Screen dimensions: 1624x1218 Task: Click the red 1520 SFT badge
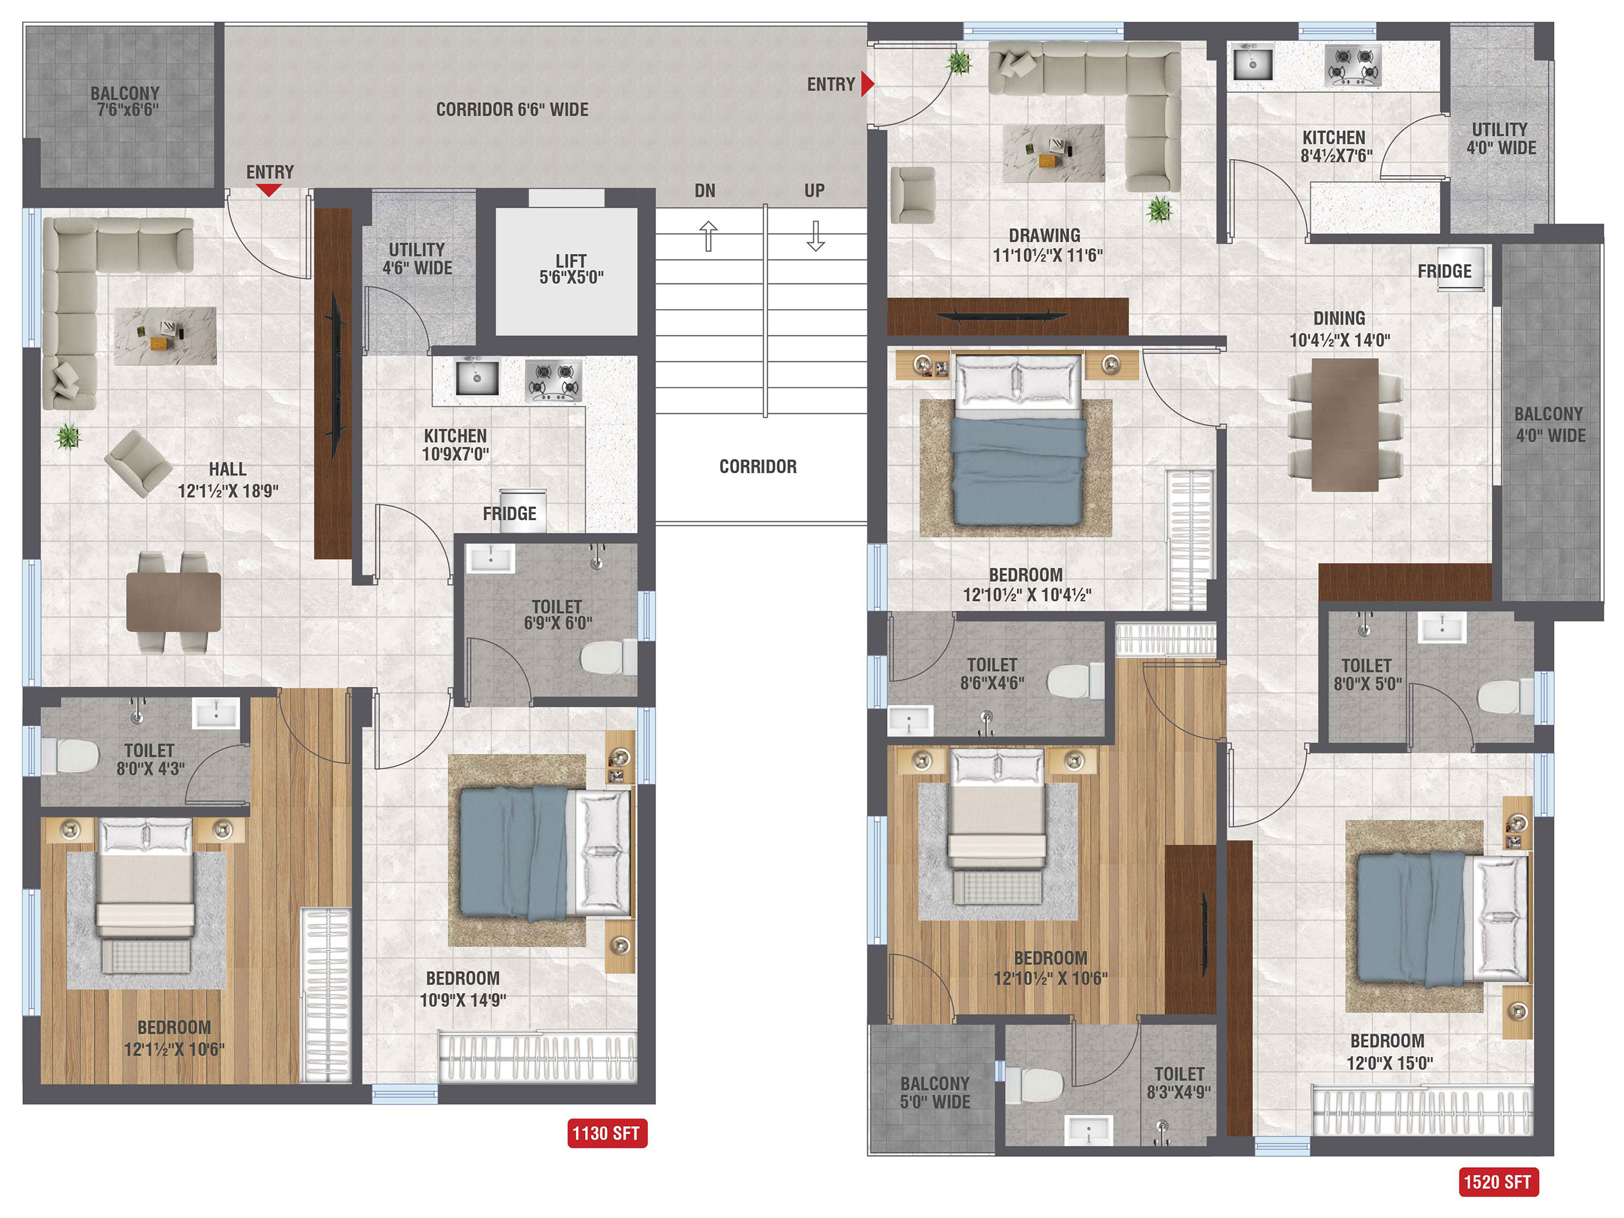[x=1498, y=1181]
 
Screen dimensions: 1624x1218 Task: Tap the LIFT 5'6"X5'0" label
[x=571, y=269]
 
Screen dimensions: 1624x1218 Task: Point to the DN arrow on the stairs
[x=708, y=236]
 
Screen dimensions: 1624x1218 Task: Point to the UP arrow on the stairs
[x=816, y=236]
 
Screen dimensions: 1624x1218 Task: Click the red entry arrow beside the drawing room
[x=867, y=84]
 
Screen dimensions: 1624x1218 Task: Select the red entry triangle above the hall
[x=269, y=190]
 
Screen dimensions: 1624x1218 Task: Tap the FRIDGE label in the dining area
[x=1444, y=272]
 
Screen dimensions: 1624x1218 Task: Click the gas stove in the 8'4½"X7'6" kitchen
[x=1352, y=65]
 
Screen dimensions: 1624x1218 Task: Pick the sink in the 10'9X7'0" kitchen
[x=476, y=377]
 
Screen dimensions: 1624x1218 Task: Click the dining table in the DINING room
[x=1345, y=424]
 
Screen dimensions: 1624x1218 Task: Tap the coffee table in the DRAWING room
[x=1054, y=153]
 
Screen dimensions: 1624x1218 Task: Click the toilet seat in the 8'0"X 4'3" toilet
[x=71, y=755]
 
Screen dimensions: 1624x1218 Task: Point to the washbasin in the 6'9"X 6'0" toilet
[x=491, y=559]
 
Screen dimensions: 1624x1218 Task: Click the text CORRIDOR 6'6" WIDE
[x=512, y=109]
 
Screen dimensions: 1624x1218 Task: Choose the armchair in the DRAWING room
[x=912, y=195]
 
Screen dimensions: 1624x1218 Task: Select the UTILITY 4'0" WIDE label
[x=1501, y=139]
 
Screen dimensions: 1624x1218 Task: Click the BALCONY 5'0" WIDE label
[x=935, y=1093]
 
